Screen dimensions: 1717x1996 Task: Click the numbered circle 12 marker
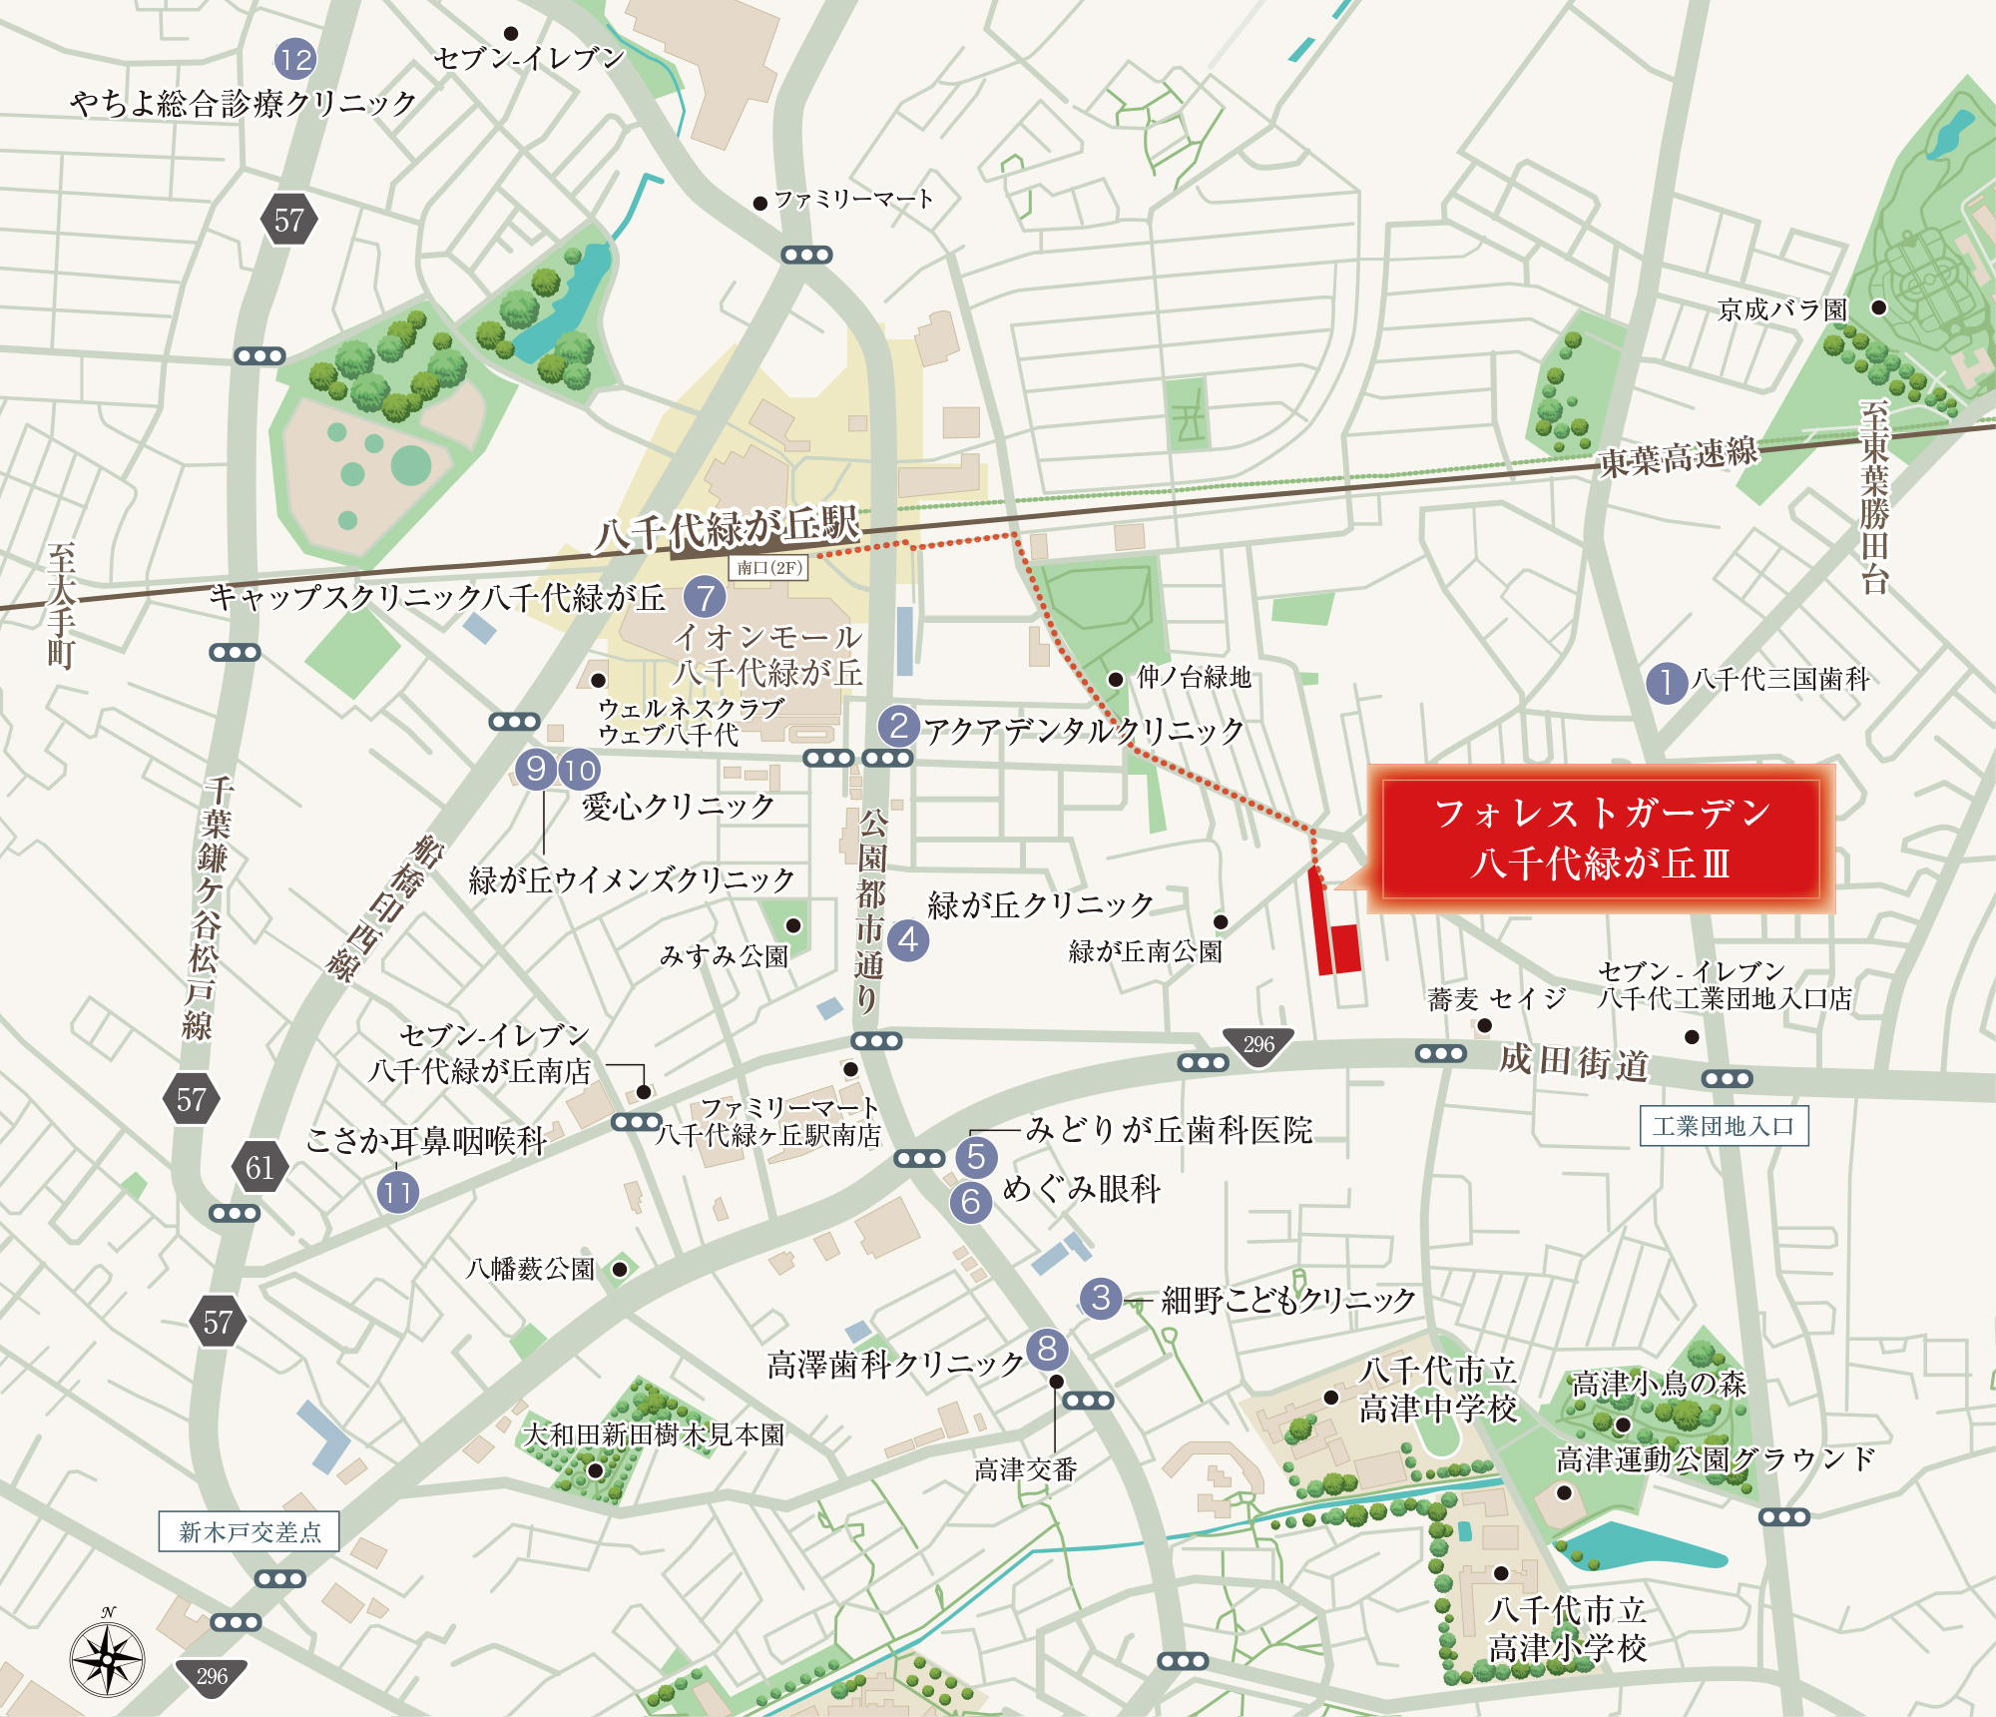coord(295,60)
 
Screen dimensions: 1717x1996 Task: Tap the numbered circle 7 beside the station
coord(705,597)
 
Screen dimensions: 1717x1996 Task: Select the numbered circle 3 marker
coord(1101,1298)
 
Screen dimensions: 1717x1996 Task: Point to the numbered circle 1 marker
coord(1666,683)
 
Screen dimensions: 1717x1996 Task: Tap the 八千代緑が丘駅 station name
coord(727,528)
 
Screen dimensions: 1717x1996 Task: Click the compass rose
coord(108,1659)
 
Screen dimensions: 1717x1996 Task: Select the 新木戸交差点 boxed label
coord(249,1531)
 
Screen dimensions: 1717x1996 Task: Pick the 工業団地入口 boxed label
coord(1724,1126)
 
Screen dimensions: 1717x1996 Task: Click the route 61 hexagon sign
coord(259,1167)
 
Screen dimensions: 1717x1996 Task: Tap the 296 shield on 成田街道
coord(1258,1045)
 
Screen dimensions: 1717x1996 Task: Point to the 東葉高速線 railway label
coord(1678,457)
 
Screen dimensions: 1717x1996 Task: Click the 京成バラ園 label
coord(1782,310)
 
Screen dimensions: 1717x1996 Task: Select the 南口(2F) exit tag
coord(768,568)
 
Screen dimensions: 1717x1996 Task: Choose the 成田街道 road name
coord(1573,1062)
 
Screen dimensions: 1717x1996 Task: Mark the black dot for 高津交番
coord(1056,1382)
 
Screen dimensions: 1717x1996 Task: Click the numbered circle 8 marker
coord(1046,1349)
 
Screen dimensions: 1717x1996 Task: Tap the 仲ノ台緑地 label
coord(1194,678)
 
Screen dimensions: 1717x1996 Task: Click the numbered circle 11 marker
coord(397,1192)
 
